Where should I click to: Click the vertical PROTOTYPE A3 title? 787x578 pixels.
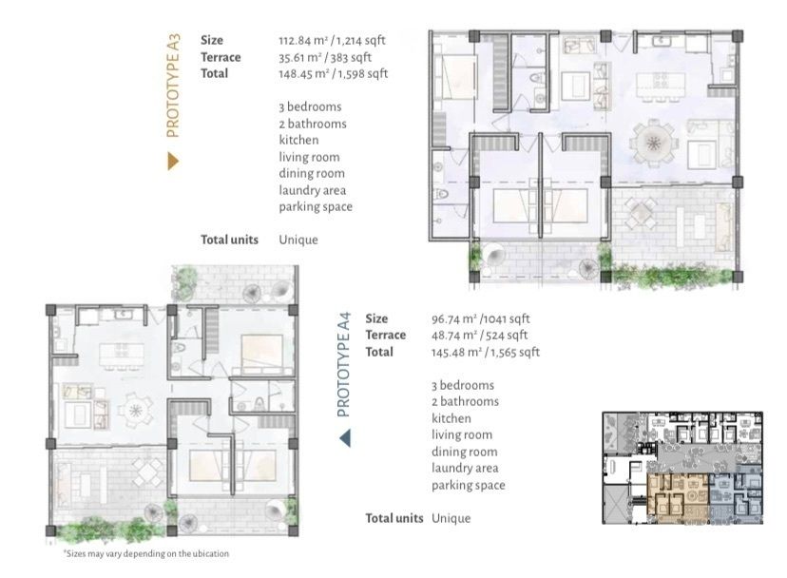tap(173, 86)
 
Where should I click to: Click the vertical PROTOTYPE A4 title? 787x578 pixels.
tap(343, 364)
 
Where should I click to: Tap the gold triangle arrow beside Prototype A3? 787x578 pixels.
tap(173, 162)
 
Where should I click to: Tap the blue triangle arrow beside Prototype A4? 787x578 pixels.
tap(345, 438)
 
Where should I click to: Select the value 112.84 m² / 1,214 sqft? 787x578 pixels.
tap(332, 40)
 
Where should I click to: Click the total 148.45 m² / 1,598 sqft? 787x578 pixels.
tap(334, 74)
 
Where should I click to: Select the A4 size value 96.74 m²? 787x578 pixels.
tap(454, 318)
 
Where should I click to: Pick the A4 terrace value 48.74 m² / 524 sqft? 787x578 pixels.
tap(479, 336)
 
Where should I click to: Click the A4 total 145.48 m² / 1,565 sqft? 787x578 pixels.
tap(486, 352)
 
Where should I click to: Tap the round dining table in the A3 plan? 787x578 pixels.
tap(652, 144)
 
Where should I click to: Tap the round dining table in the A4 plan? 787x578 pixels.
tap(136, 411)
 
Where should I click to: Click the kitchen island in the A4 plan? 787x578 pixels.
tap(122, 355)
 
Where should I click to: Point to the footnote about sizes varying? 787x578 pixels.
tap(146, 553)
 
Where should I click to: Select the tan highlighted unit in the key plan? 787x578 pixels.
tap(678, 495)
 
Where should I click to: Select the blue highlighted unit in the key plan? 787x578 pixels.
tap(735, 495)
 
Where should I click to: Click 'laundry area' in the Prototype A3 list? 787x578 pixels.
tap(312, 190)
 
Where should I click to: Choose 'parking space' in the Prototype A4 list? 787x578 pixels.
tap(469, 485)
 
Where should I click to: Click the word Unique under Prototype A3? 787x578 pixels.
tap(298, 240)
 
